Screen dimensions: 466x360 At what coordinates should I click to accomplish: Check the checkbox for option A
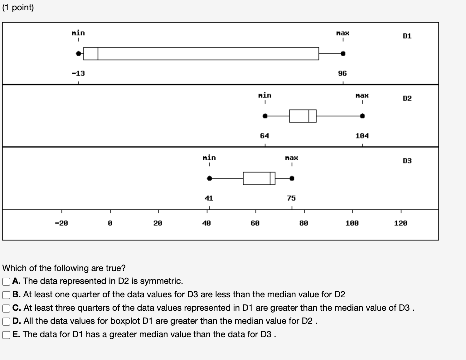click(x=6, y=281)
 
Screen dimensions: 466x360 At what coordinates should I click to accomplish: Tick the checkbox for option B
click(x=6, y=295)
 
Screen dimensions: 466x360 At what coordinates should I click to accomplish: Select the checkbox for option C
click(x=6, y=308)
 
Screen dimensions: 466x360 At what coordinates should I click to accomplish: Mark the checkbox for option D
click(x=6, y=321)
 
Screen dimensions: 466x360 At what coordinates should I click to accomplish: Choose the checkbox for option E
click(x=6, y=335)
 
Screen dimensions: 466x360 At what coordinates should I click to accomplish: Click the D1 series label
click(x=407, y=36)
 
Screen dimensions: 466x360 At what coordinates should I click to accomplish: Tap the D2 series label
click(x=407, y=99)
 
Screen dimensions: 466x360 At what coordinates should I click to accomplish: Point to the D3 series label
click(x=407, y=161)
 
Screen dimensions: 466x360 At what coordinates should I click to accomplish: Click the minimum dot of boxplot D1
click(x=78, y=54)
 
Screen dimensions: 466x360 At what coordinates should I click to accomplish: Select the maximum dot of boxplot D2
click(x=362, y=116)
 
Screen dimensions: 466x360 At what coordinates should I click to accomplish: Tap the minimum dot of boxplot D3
click(x=210, y=178)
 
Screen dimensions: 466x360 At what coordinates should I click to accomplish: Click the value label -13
click(x=78, y=74)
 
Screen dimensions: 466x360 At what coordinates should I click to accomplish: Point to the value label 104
click(x=362, y=136)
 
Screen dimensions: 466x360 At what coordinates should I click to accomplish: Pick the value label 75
click(x=291, y=198)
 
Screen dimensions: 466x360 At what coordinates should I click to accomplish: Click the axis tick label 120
click(x=400, y=223)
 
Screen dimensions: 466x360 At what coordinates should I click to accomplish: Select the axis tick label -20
click(x=61, y=223)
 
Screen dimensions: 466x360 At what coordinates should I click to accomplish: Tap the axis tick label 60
click(x=255, y=223)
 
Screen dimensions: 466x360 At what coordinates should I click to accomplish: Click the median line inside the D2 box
click(x=309, y=116)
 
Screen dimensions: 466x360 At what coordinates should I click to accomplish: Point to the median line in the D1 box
click(x=98, y=54)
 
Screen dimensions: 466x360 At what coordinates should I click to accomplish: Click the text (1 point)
click(x=18, y=7)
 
